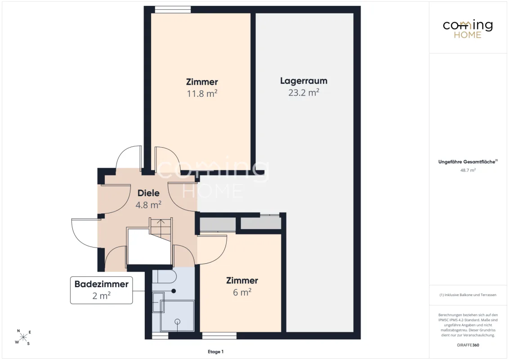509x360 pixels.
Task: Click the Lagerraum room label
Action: coord(304,81)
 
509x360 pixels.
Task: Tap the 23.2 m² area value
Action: coord(304,93)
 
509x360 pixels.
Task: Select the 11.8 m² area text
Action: coord(202,94)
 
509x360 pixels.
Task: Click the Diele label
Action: coord(148,193)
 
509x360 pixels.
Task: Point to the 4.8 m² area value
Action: coord(148,205)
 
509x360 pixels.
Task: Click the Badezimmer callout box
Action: coord(101,290)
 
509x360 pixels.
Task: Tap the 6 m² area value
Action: coord(242,292)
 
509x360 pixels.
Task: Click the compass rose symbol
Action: coord(23,337)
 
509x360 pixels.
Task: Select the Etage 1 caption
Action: coord(215,351)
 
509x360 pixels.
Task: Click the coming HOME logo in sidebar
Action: coord(468,29)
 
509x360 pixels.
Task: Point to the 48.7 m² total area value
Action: coord(468,170)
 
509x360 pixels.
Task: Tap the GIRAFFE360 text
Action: coord(468,345)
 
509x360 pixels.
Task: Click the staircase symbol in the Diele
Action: coord(161,229)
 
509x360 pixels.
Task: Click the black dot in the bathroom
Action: coord(174,291)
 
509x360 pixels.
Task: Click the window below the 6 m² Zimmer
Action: coord(219,336)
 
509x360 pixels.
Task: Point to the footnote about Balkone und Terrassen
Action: coord(468,295)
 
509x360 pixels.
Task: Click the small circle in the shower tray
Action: coord(177,322)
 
